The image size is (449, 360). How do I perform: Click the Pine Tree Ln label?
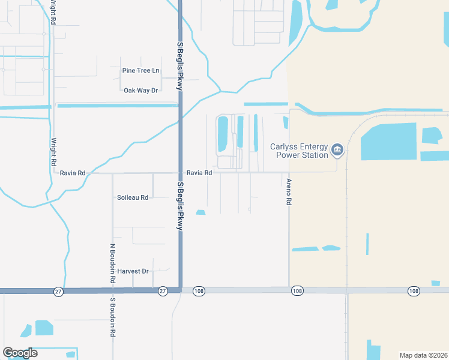click(140, 71)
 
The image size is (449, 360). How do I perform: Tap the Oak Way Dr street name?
click(140, 91)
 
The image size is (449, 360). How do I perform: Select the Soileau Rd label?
click(132, 197)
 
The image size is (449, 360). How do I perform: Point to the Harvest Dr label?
click(133, 271)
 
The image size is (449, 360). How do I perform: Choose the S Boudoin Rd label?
click(112, 316)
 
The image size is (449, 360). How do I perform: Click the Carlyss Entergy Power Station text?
click(299, 151)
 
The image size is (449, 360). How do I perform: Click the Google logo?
click(20, 353)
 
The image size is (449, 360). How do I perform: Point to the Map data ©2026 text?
click(424, 355)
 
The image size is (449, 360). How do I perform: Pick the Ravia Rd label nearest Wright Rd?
click(73, 173)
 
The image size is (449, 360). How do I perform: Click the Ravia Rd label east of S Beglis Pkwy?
click(199, 173)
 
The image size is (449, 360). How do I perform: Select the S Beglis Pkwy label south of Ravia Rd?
click(179, 206)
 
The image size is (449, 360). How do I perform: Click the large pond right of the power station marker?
click(388, 142)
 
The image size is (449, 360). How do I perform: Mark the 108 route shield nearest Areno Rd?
click(297, 291)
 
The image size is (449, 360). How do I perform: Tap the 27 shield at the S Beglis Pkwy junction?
click(163, 291)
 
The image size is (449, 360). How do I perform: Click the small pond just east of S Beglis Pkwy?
click(200, 212)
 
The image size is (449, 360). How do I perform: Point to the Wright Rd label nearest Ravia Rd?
click(53, 152)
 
